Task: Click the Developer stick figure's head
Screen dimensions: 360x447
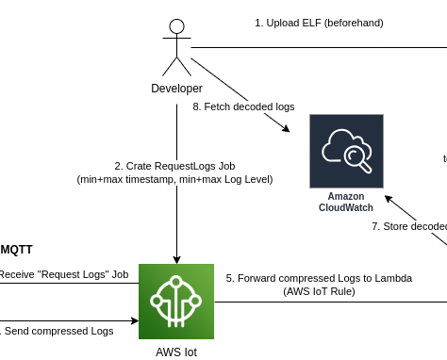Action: (x=176, y=27)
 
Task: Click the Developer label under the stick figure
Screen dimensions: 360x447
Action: (x=176, y=88)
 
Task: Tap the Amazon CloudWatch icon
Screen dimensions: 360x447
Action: (x=346, y=151)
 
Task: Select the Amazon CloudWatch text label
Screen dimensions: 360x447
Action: (x=345, y=202)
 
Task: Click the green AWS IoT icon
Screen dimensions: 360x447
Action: (x=176, y=301)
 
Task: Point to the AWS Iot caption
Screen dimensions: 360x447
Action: (x=176, y=352)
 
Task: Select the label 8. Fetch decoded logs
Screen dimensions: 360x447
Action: (x=243, y=107)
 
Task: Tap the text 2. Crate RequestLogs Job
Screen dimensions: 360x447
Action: (x=175, y=165)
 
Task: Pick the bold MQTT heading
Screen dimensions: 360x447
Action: (x=16, y=250)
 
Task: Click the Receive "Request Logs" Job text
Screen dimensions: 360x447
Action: (x=62, y=274)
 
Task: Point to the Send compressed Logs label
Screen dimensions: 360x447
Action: (x=57, y=331)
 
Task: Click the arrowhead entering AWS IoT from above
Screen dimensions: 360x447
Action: (x=176, y=258)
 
